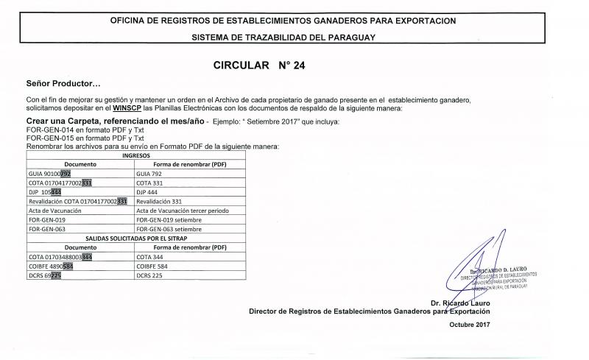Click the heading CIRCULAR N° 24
[x=258, y=65]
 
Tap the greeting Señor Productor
[x=63, y=85]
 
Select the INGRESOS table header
[x=137, y=156]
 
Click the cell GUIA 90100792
[x=49, y=174]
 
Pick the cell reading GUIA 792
[x=152, y=174]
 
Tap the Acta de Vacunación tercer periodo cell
[x=183, y=211]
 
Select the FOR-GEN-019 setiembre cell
[x=169, y=219]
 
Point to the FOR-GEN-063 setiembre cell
[x=169, y=229]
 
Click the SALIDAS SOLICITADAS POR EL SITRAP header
[x=137, y=239]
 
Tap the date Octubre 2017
[x=469, y=324]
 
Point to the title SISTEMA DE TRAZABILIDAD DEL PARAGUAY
[x=283, y=37]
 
